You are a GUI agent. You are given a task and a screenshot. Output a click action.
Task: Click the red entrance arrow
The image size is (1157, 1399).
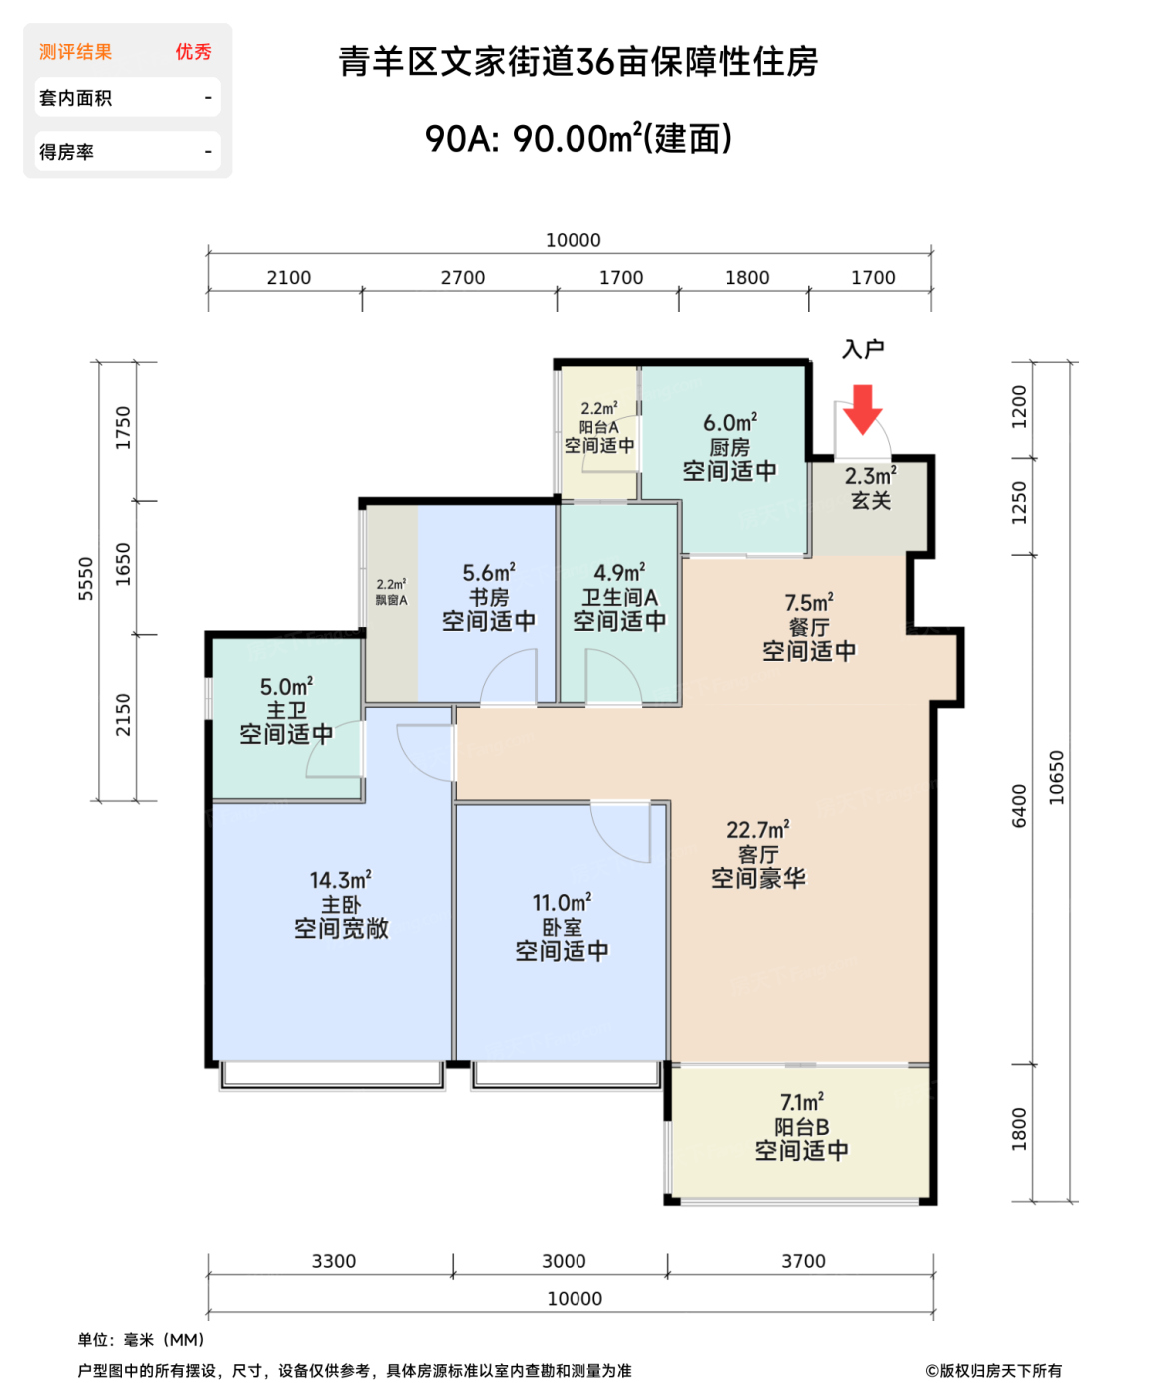[862, 409]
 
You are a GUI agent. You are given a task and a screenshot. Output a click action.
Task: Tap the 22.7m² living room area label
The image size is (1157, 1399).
[757, 830]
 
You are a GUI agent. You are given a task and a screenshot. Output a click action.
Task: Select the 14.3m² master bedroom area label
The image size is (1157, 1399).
[340, 880]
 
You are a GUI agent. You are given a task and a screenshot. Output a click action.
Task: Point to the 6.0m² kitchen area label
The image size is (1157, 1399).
[729, 422]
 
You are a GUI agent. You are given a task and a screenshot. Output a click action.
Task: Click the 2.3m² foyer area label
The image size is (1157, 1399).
[870, 475]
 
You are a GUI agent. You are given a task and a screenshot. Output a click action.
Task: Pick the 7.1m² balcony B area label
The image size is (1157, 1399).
[801, 1101]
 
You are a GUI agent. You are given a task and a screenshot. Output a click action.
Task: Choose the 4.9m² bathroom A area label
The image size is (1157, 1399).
[619, 572]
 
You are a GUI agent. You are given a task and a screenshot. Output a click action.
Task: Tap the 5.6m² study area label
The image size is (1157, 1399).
[488, 572]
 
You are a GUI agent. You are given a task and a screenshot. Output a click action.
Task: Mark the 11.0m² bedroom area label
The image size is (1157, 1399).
[562, 902]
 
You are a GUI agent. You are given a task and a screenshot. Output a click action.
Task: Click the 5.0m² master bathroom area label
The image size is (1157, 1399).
[286, 686]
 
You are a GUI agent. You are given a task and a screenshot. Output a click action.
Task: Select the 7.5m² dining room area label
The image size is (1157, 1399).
[808, 601]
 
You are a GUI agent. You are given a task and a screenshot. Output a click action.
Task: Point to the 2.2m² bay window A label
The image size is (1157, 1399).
[391, 591]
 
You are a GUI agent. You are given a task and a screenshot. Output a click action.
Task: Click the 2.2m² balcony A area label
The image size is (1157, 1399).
[598, 408]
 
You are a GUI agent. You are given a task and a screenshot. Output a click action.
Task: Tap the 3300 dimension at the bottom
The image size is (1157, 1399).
[333, 1261]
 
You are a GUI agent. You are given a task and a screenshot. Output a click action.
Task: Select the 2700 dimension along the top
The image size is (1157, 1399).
[462, 277]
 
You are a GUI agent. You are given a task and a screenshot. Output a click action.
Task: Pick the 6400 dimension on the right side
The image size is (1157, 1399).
[1018, 806]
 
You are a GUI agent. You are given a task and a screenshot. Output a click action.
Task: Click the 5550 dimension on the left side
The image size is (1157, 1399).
[85, 579]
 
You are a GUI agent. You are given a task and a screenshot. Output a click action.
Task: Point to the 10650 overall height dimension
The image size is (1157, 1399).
[1056, 777]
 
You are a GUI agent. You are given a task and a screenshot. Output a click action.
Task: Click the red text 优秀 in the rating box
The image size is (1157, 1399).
[193, 52]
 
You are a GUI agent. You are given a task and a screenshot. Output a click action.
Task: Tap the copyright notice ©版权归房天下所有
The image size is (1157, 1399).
[993, 1370]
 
